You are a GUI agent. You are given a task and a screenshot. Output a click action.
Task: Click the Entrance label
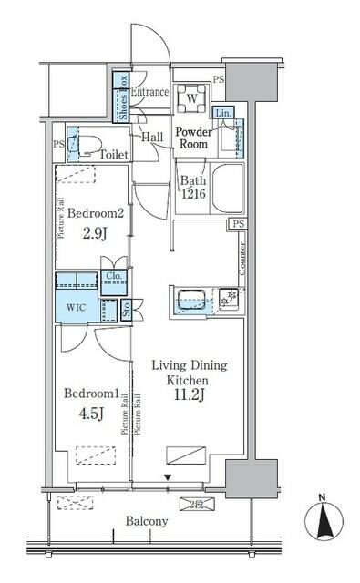click(149, 92)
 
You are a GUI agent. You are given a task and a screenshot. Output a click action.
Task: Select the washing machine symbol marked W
click(192, 97)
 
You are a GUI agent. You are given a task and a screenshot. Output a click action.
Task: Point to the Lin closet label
click(221, 112)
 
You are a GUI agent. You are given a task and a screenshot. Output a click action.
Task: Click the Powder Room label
click(192, 138)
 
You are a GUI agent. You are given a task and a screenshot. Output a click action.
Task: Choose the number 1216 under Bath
click(191, 194)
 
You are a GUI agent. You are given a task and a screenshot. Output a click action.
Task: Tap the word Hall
click(151, 137)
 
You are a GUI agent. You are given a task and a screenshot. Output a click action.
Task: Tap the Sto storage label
click(126, 310)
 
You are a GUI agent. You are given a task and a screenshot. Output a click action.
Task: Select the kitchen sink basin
click(191, 297)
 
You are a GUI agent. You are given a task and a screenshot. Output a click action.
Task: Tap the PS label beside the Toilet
click(58, 144)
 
